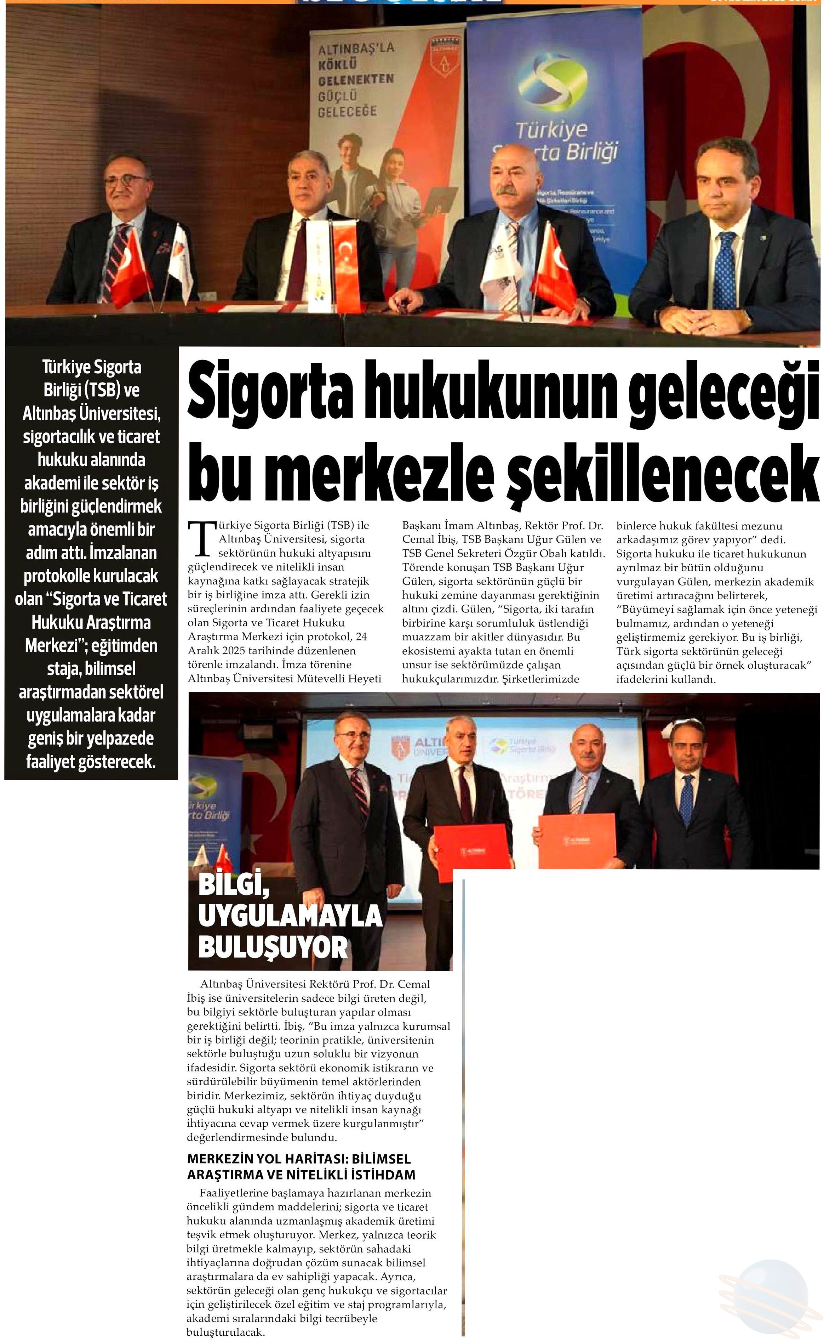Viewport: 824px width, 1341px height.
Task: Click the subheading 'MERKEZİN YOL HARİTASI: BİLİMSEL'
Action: pos(299,1160)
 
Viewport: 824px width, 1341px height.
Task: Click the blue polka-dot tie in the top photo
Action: pos(725,267)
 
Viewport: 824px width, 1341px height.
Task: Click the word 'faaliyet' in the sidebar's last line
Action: pos(51,762)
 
